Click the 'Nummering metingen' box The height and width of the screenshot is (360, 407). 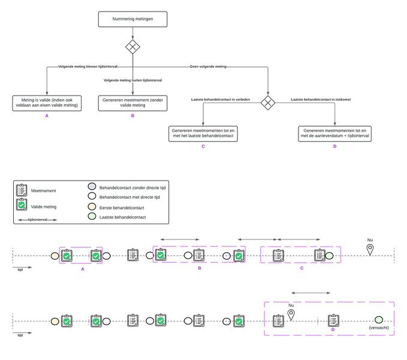[x=132, y=19]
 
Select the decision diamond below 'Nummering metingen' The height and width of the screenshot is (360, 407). [x=132, y=47]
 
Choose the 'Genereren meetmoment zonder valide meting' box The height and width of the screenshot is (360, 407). [x=132, y=102]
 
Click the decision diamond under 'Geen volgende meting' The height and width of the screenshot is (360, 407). [x=268, y=103]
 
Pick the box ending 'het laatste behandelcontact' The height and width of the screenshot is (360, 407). [x=203, y=133]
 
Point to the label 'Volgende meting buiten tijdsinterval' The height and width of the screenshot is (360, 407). [x=132, y=80]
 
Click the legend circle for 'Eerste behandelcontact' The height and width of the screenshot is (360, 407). [x=92, y=206]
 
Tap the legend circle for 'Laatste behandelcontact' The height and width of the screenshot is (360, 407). [x=92, y=216]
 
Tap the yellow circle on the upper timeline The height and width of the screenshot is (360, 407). [x=55, y=256]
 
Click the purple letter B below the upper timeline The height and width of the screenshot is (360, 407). [x=200, y=268]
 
